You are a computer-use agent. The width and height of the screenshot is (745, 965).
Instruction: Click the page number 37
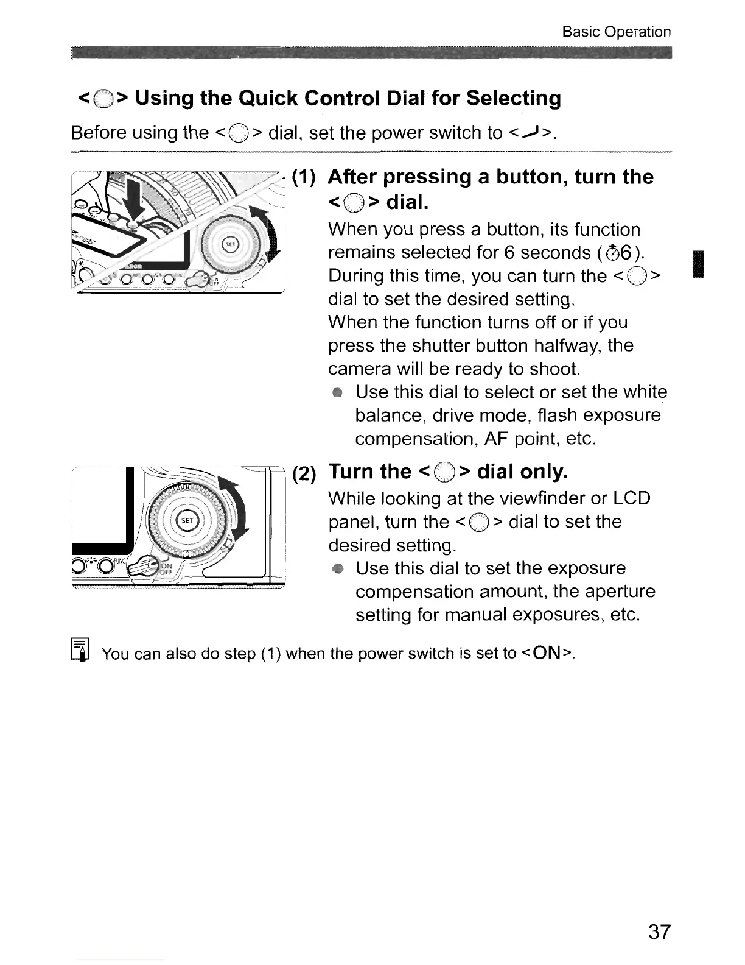point(659,931)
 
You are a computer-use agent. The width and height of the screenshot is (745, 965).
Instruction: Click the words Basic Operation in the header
point(616,32)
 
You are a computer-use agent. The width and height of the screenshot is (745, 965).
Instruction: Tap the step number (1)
point(303,177)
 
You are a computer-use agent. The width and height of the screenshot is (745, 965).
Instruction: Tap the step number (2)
point(304,473)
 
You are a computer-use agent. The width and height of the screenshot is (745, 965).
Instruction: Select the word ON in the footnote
point(548,653)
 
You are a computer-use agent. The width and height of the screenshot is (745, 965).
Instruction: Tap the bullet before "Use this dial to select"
point(337,393)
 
